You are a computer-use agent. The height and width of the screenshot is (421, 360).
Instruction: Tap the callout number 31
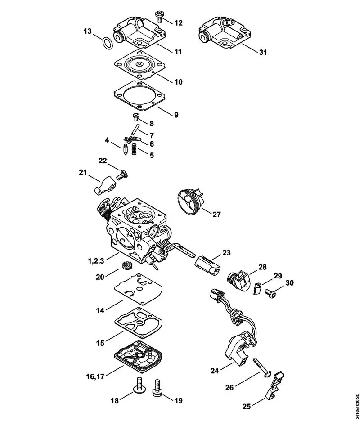point(263,52)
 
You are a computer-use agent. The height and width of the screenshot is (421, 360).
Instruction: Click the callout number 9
point(176,115)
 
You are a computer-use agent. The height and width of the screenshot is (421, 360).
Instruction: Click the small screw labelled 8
point(136,118)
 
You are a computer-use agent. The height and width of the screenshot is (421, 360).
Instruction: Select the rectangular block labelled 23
point(208,263)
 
